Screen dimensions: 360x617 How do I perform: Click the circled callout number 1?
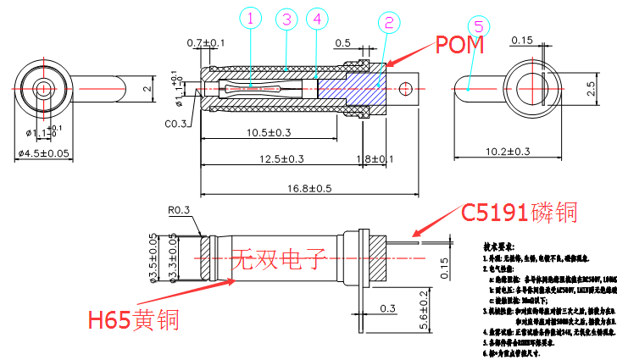pyautogui.click(x=252, y=17)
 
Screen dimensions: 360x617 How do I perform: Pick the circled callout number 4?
pyautogui.click(x=317, y=18)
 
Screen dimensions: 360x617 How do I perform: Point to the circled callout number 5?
pyautogui.click(x=477, y=26)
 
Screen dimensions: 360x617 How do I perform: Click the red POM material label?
pyautogui.click(x=459, y=45)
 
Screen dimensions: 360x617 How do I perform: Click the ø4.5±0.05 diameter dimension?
pyautogui.click(x=43, y=152)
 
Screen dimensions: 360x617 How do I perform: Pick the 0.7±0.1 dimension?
pyautogui.click(x=206, y=42)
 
